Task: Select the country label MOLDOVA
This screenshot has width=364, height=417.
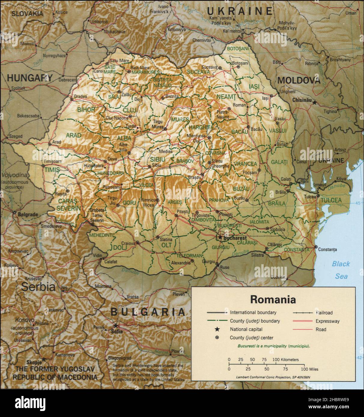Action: point(299,80)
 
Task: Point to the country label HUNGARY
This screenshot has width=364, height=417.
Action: point(29,78)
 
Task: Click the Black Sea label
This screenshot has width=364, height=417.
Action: point(341,270)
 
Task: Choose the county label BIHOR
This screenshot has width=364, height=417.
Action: point(86,109)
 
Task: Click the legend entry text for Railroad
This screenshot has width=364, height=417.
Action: point(324,313)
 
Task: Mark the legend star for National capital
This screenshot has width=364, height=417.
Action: point(217,329)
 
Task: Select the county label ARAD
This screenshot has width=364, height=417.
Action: point(74,135)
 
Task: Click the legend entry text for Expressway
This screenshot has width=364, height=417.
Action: point(328,321)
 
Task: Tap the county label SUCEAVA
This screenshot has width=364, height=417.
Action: point(198,72)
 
